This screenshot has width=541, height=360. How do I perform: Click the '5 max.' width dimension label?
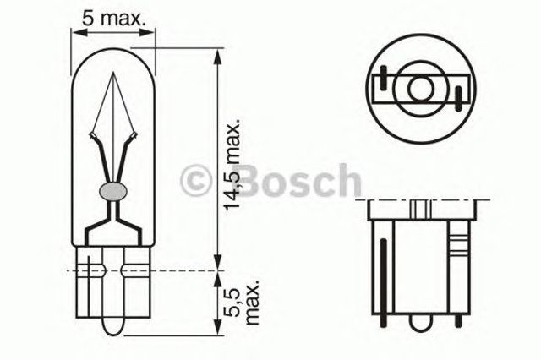(113, 16)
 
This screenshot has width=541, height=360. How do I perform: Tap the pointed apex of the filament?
(114, 74)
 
